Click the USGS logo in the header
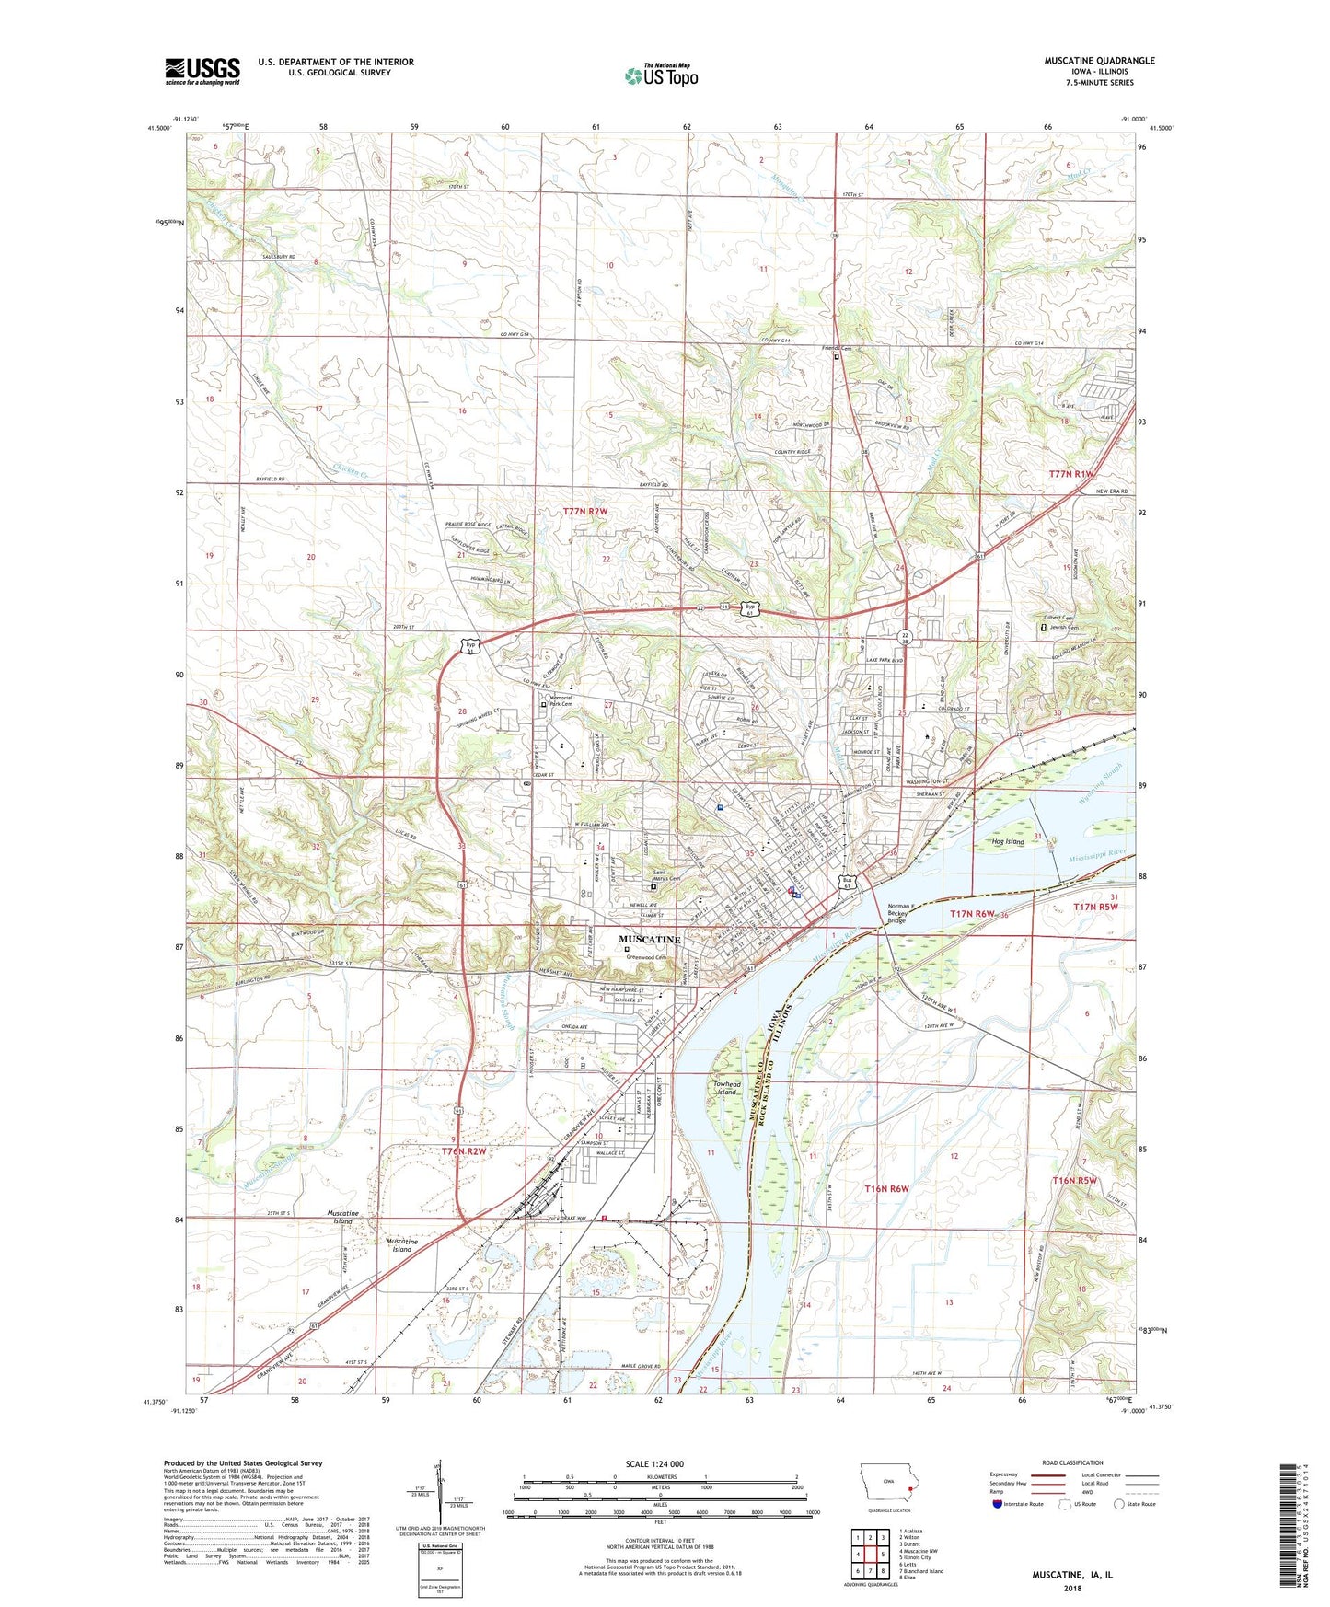coord(202,70)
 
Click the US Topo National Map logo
coord(660,75)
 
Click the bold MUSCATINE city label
coord(650,940)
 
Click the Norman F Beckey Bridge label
coord(903,912)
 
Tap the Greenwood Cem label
coord(648,956)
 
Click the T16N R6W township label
coord(886,1189)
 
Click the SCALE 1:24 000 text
coord(654,1463)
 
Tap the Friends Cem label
coord(837,349)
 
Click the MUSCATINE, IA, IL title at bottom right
coord(1071,1575)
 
